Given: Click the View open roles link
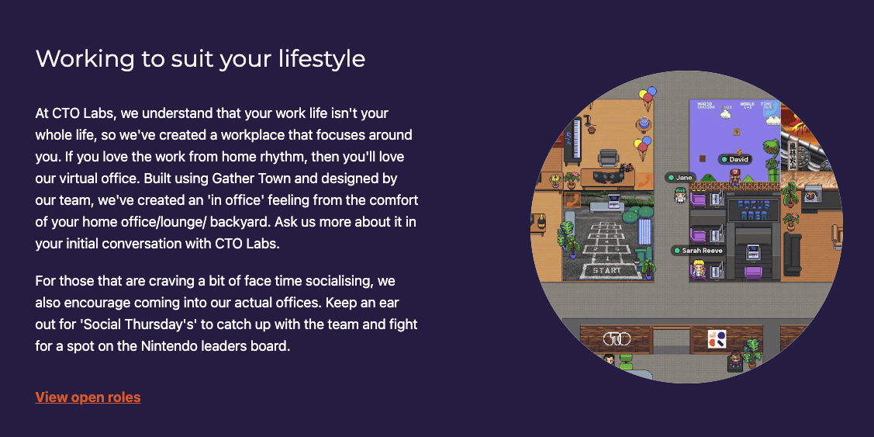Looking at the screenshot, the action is (x=88, y=397).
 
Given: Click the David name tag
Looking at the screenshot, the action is (x=734, y=160).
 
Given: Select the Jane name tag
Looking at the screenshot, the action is (x=680, y=178).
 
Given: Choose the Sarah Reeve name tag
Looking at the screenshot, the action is (x=698, y=251).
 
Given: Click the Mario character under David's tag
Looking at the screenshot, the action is (x=735, y=176).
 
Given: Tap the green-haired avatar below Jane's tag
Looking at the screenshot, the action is (x=680, y=195).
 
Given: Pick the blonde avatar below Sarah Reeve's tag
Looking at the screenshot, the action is (x=699, y=271).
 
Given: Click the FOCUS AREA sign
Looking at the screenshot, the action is (x=752, y=210).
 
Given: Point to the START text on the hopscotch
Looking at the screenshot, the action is (x=606, y=271).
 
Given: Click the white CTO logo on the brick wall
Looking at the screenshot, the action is (x=617, y=338).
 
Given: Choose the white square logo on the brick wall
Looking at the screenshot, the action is (x=717, y=339).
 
